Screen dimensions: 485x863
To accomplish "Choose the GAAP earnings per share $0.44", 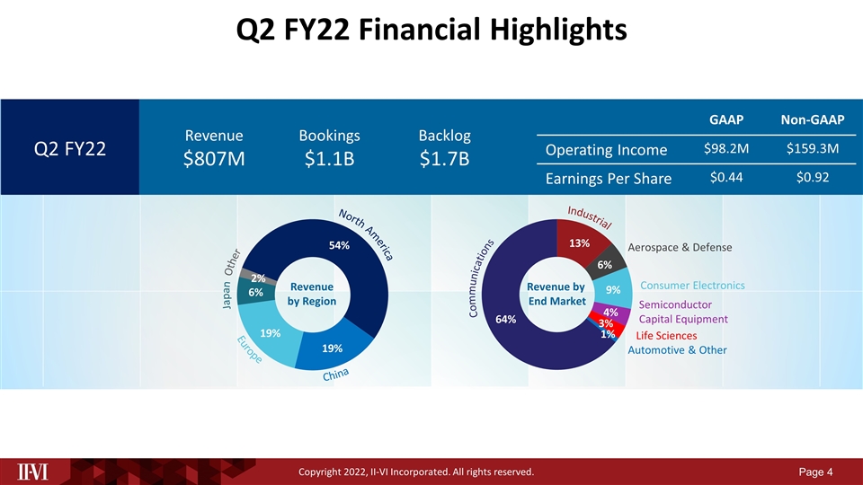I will click(x=725, y=178).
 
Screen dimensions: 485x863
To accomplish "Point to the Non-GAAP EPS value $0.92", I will click(x=811, y=178).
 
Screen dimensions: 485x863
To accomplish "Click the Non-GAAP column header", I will click(x=811, y=119).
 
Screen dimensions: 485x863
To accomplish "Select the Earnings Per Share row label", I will click(x=609, y=180).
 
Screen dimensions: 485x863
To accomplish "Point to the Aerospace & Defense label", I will click(x=680, y=247).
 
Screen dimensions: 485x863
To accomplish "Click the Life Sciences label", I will click(x=666, y=336).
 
